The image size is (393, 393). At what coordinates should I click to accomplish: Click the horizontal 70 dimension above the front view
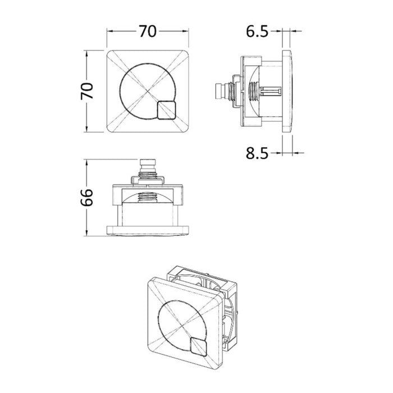tap(148, 31)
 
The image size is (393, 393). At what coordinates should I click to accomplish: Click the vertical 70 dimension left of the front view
tap(87, 91)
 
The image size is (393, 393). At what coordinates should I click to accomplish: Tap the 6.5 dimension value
tap(257, 31)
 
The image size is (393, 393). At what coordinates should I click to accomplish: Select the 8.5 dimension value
tap(257, 153)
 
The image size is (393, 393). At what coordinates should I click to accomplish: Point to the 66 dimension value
tap(87, 198)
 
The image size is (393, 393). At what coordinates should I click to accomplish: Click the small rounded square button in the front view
tap(167, 110)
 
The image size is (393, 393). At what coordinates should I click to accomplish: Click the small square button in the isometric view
tap(198, 346)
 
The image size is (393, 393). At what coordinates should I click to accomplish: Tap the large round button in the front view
tap(148, 91)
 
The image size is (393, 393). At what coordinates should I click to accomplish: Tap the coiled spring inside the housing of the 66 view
tap(148, 198)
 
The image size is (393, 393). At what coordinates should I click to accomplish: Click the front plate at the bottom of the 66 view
tap(148, 231)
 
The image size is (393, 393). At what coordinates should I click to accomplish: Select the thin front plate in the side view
tap(287, 91)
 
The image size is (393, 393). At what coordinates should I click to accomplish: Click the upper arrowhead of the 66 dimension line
tap(86, 162)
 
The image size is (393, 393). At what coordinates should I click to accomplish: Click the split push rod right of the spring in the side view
tap(271, 91)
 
